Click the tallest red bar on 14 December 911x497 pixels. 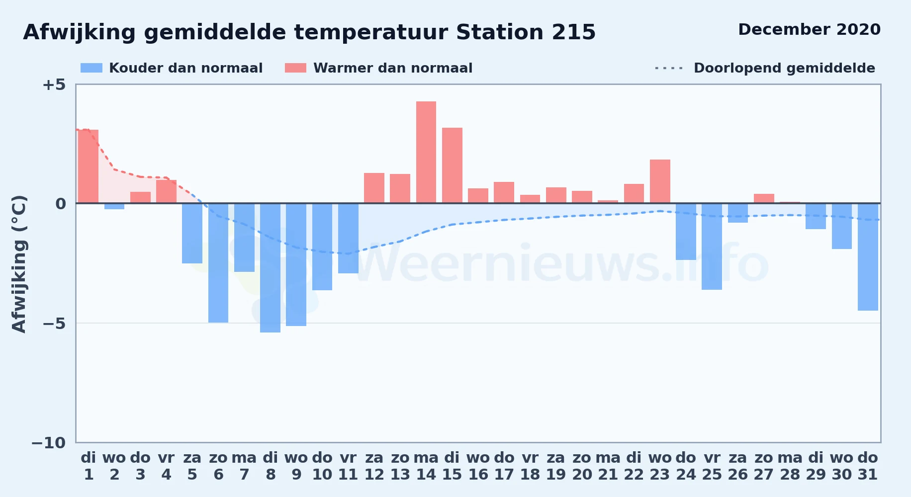[426, 152]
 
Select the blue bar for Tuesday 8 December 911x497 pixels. [270, 268]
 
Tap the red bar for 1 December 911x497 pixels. [88, 166]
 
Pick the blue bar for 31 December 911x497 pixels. [868, 257]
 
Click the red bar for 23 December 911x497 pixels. [660, 181]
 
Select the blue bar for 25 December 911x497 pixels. [712, 247]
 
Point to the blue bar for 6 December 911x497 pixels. [218, 263]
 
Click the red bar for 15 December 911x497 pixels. [452, 165]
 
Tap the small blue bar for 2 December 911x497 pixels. [114, 206]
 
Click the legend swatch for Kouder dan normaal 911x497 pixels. [91, 68]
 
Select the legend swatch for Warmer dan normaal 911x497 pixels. [295, 68]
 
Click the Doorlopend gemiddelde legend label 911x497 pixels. [784, 68]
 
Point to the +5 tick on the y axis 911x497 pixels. [54, 84]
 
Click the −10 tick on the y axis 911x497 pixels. [49, 443]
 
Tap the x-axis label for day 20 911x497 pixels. [582, 466]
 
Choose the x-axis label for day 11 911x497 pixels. [348, 466]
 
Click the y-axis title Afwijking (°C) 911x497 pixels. [19, 264]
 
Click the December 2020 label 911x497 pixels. [809, 29]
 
